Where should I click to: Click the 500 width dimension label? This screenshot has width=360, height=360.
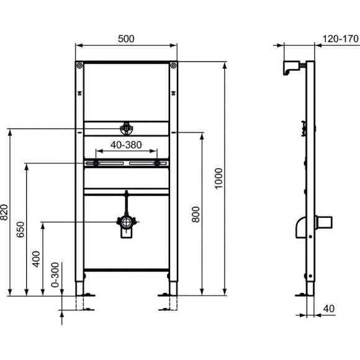tap(126, 38)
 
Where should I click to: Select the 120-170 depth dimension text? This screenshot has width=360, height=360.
tap(341, 38)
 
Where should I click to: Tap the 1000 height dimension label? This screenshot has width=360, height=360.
tap(216, 179)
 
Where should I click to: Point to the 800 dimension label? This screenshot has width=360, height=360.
tap(196, 215)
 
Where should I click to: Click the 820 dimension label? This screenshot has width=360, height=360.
tap(4, 212)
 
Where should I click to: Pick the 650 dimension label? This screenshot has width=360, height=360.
tap(20, 230)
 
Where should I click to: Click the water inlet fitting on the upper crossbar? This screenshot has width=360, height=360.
tap(126, 129)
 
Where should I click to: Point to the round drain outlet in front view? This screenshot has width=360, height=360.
tap(126, 221)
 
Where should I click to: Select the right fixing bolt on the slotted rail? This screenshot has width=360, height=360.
tap(158, 163)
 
